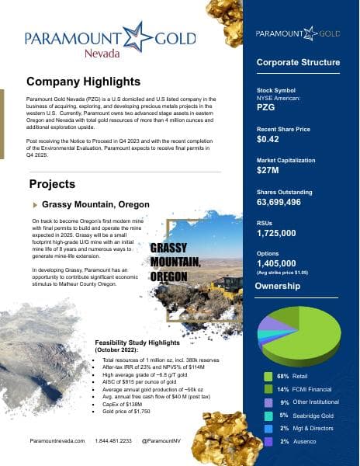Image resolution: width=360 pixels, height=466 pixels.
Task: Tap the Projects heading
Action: tap(51, 184)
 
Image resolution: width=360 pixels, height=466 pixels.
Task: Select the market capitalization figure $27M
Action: tap(267, 170)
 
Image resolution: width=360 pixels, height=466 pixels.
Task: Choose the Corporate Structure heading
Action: tap(298, 62)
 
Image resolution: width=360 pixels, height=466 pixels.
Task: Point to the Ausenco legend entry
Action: tap(303, 441)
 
